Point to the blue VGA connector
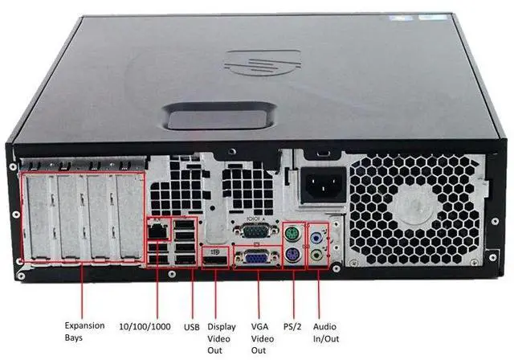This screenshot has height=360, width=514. tap(257, 258)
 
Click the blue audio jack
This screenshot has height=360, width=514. tap(319, 237)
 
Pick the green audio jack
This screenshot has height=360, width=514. tap(319, 256)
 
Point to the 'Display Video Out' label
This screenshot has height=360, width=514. tap(222, 337)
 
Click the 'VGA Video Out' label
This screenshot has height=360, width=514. tap(258, 337)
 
